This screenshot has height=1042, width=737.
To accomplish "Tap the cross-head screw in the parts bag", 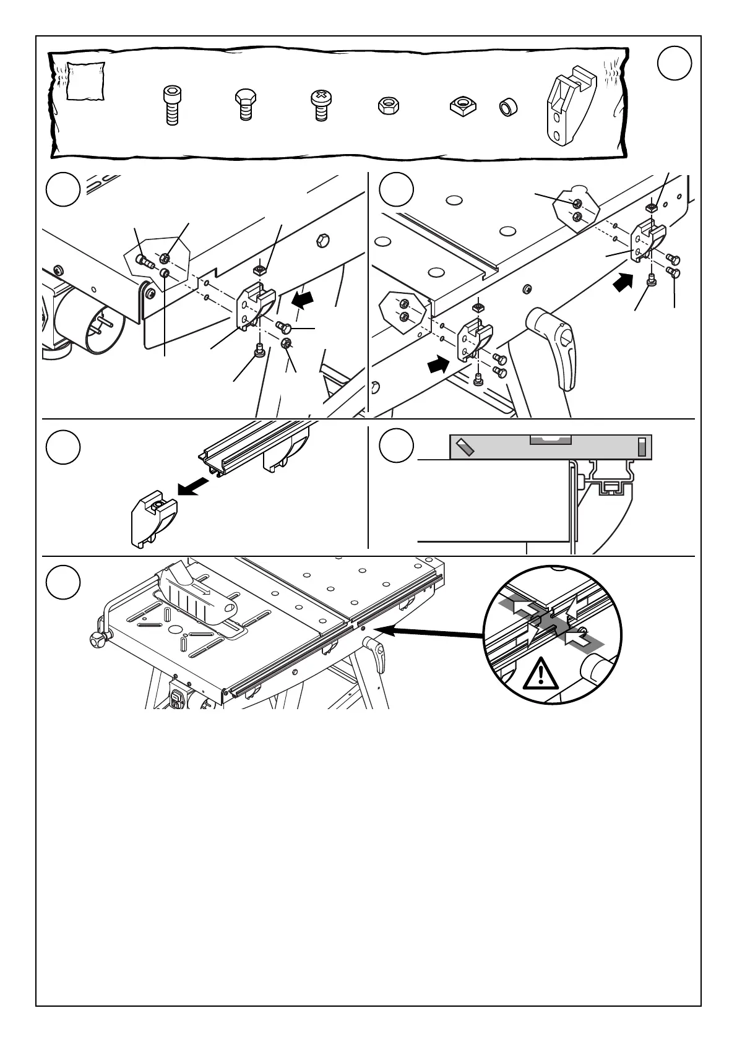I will (x=320, y=105).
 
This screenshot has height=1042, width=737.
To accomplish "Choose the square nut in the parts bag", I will (x=460, y=106).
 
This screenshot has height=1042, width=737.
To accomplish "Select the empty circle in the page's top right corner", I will (x=673, y=63).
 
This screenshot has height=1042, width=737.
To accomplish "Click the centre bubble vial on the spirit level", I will (x=551, y=440).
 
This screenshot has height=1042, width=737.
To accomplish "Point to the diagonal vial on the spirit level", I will (x=465, y=447).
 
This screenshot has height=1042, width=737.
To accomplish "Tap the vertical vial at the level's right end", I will (x=642, y=447).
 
